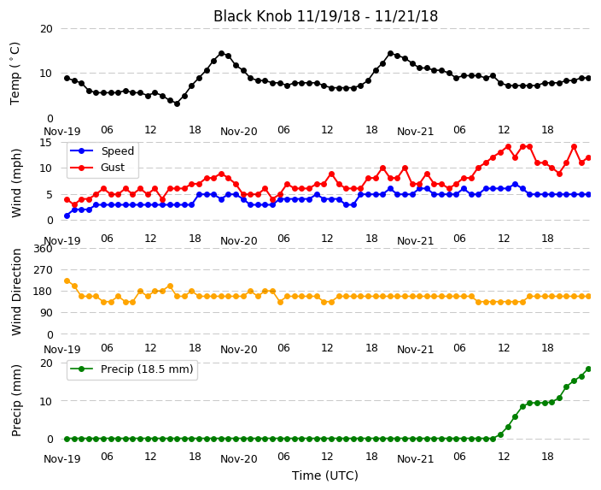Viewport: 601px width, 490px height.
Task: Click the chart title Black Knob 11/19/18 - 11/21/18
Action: coord(325,16)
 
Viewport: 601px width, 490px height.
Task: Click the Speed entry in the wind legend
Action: coord(102,151)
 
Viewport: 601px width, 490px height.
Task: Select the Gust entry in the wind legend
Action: coord(97,168)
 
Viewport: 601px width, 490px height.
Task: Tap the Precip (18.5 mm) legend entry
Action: coord(131,369)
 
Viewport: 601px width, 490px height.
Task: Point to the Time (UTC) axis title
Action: coord(325,475)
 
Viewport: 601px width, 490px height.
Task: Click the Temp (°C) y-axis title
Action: coord(15,74)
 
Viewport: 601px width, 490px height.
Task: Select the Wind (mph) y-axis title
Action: coord(16,183)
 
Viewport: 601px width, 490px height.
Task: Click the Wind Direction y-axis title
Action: coord(16,292)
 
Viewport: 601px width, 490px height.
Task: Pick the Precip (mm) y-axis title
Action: coord(16,400)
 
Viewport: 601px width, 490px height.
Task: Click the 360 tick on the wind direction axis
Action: coord(43,249)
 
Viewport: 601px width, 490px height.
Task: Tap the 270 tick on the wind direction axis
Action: coord(43,270)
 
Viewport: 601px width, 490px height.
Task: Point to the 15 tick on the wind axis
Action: coord(46,143)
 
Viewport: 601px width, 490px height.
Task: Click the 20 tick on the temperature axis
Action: coord(46,29)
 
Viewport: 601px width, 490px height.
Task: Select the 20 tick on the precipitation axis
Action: coord(46,363)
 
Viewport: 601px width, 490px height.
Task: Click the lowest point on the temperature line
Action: coord(177,103)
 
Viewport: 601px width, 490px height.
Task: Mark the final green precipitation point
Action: coord(589,369)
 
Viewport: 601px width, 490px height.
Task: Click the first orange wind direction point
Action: coord(67,281)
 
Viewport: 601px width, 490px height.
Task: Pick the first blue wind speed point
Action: coord(67,215)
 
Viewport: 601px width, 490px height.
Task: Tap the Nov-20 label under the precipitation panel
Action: coord(239,459)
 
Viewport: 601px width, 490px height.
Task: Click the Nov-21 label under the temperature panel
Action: coord(415,132)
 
